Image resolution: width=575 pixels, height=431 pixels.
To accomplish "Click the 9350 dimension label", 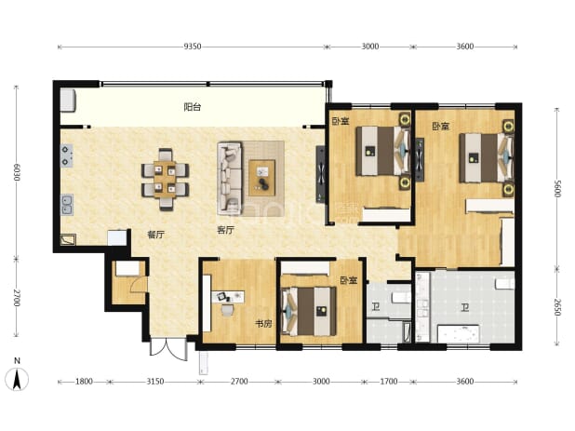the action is pos(193,47).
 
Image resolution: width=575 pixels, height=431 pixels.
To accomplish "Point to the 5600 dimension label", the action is pos(557,189).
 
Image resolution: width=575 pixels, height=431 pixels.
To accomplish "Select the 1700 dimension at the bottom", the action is pos(389,382).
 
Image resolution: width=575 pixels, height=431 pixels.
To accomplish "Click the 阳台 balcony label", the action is pos(193,107).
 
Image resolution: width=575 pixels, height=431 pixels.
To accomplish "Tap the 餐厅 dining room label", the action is pos(156,235).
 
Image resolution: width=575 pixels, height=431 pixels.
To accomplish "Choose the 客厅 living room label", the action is pos(225,230).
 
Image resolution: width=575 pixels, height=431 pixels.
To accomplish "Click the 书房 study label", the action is pos(263,324).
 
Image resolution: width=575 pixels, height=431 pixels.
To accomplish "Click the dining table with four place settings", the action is pos(165,180).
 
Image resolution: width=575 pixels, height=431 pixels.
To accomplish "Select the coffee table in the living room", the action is pos(261,178).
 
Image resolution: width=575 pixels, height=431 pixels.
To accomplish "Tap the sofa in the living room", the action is pos(230,179).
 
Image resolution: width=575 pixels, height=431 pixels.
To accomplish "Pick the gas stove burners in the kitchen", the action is pos(66,155).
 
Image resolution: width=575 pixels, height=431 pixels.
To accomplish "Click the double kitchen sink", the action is pos(67,205).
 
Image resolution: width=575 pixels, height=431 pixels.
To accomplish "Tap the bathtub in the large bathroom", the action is pos(459,334).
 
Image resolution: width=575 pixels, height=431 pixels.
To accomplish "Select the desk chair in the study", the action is pos(227,310).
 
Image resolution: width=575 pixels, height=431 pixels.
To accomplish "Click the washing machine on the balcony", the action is pos(68,100).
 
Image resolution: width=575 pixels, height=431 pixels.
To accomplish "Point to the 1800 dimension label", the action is pos(84,382).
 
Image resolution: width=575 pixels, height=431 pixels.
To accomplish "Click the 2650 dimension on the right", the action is pos(557,307).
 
